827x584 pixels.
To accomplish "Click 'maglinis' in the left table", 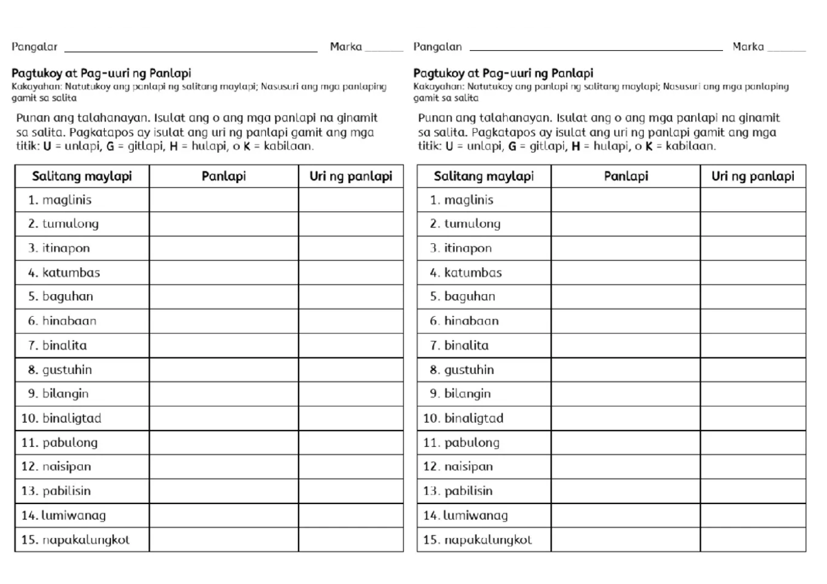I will [x=67, y=200].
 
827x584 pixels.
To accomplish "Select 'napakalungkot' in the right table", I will [x=488, y=540].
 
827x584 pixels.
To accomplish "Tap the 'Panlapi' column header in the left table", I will [x=224, y=176].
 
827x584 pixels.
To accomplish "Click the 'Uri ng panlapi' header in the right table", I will [x=753, y=176].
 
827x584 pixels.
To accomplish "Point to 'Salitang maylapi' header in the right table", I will [x=484, y=176].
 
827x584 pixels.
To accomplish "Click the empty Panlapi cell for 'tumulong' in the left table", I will [x=224, y=224].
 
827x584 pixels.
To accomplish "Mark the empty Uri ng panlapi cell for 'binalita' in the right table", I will [x=753, y=345].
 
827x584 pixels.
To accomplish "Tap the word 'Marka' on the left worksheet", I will [x=346, y=47].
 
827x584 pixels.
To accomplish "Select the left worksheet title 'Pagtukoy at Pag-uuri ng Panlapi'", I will [x=101, y=73].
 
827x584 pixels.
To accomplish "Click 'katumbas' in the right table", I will [x=473, y=273].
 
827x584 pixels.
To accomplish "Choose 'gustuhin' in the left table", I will [x=67, y=370].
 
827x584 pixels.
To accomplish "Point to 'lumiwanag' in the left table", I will [x=74, y=515].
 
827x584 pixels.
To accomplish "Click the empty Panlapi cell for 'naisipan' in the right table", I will [x=626, y=467].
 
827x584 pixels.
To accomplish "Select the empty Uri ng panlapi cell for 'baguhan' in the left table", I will [x=351, y=297].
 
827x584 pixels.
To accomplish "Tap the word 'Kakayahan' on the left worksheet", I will [x=32, y=87].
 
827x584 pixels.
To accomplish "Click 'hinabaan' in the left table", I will [x=69, y=321].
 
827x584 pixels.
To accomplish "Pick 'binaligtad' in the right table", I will [x=473, y=418].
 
